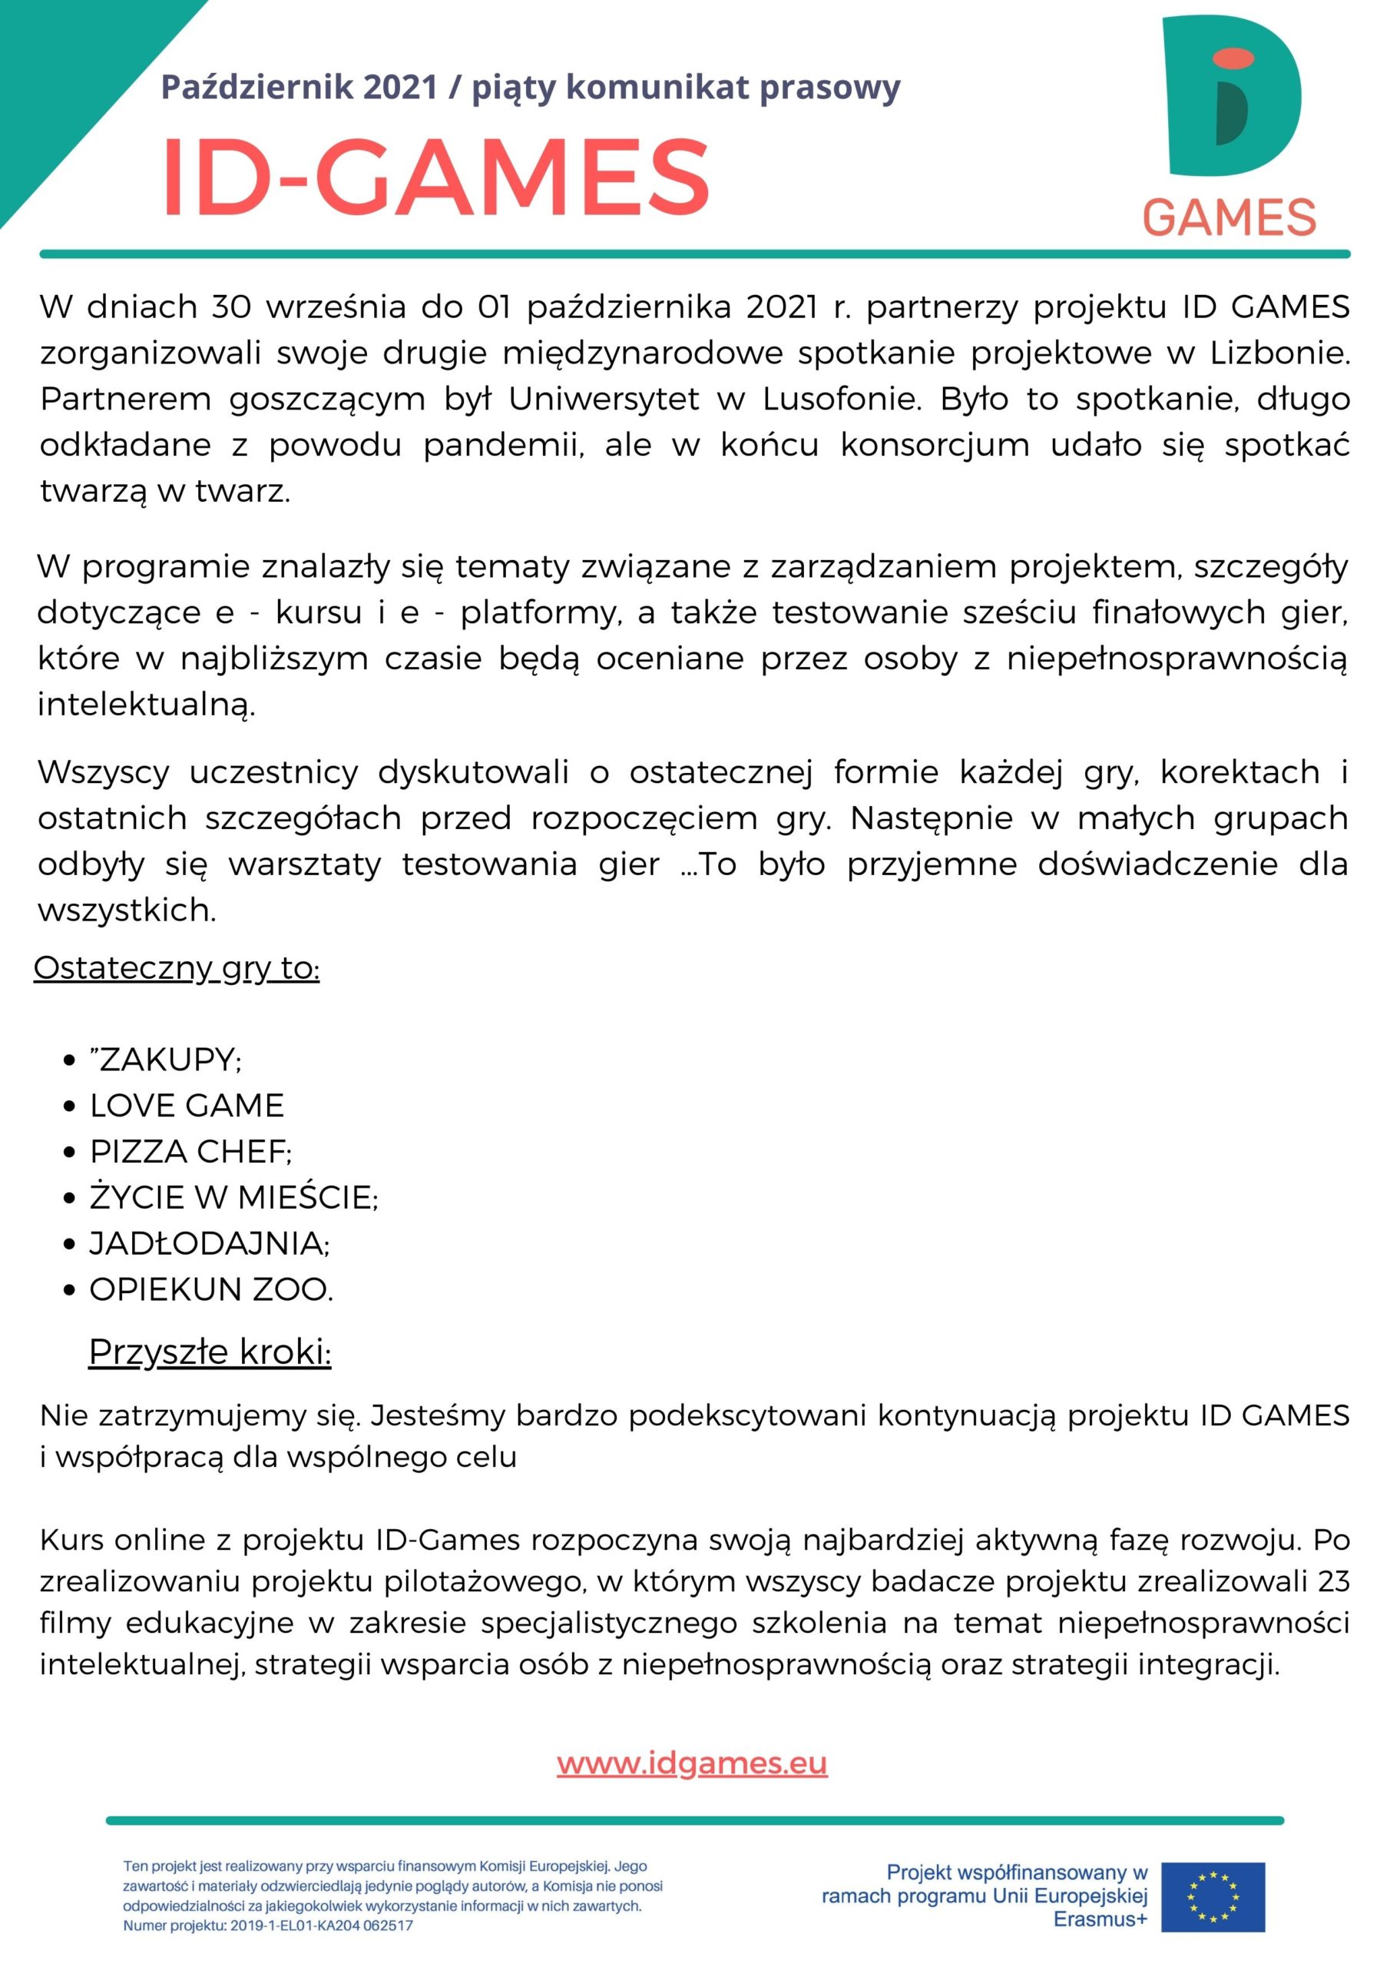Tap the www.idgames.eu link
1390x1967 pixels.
[692, 1763]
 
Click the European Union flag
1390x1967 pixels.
[1212, 1896]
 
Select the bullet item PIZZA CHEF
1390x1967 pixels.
[190, 1152]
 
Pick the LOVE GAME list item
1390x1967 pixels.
[187, 1106]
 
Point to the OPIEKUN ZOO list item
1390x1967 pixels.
[210, 1289]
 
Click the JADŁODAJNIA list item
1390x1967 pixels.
[209, 1243]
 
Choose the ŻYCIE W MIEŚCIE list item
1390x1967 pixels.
[233, 1197]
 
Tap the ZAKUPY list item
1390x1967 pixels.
[166, 1060]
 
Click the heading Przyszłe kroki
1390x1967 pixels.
[210, 1352]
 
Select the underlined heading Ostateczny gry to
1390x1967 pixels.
[177, 968]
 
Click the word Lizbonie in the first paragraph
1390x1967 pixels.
[1279, 353]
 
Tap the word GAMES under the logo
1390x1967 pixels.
[1229, 217]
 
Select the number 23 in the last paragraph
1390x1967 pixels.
[1333, 1581]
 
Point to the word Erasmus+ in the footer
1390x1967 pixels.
[1100, 1920]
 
